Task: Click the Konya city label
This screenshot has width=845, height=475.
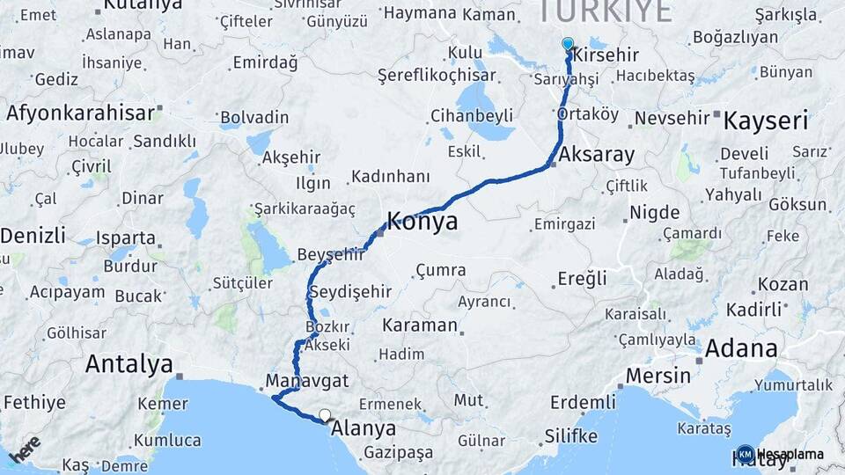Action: [x=422, y=222]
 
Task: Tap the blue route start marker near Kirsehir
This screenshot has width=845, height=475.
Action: [x=567, y=43]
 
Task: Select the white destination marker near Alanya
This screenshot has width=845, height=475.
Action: [x=325, y=415]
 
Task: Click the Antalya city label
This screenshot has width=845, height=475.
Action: [x=129, y=364]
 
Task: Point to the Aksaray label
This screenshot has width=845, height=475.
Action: [x=596, y=155]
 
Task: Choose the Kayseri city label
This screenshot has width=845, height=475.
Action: [x=765, y=121]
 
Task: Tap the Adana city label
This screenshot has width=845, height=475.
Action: [x=741, y=348]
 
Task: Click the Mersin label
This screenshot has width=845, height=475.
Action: [x=658, y=376]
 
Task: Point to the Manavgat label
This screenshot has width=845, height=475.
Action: [x=307, y=382]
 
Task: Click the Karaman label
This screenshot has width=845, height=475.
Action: [x=420, y=325]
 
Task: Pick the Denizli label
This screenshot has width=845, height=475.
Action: [x=33, y=236]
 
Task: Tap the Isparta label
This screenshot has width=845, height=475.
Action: [x=126, y=238]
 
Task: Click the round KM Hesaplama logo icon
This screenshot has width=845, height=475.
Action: [x=745, y=455]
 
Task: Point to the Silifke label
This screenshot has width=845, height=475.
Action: [x=571, y=436]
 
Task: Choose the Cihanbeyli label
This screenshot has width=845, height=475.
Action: [x=472, y=116]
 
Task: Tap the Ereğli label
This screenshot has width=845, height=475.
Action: [x=582, y=279]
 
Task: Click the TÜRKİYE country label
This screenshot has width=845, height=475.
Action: [x=604, y=11]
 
